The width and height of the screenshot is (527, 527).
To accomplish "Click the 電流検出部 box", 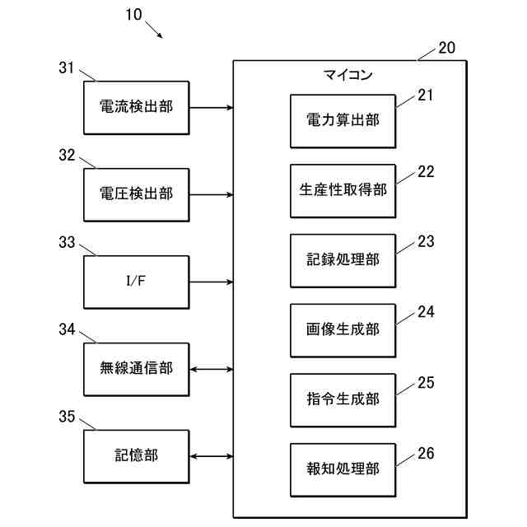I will pyautogui.click(x=136, y=107).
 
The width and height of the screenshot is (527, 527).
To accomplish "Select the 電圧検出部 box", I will pyautogui.click(x=136, y=194).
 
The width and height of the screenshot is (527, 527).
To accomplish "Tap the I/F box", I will pyautogui.click(x=136, y=282).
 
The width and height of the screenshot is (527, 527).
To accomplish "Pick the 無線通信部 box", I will pyautogui.click(x=136, y=369).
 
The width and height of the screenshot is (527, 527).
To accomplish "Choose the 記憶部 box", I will pyautogui.click(x=136, y=456).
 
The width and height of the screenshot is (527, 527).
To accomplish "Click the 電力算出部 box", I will pyautogui.click(x=342, y=120).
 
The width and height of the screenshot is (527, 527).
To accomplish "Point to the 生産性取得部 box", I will pyautogui.click(x=342, y=190).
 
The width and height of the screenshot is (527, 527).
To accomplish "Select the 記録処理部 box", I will pyautogui.click(x=342, y=260).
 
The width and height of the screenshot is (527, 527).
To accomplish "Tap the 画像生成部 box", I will pyautogui.click(x=342, y=329).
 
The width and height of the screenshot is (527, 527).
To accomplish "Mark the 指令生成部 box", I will pyautogui.click(x=342, y=399).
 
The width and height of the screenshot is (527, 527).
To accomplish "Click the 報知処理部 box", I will pyautogui.click(x=342, y=469).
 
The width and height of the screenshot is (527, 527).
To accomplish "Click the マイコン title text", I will pyautogui.click(x=347, y=76).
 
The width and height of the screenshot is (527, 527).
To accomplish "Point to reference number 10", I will pyautogui.click(x=133, y=14).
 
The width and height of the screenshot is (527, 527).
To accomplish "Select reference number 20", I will pyautogui.click(x=446, y=48).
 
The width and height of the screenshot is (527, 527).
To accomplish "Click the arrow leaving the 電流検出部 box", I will pyautogui.click(x=211, y=107).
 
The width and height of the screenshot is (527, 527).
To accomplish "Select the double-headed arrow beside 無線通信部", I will pyautogui.click(x=211, y=369).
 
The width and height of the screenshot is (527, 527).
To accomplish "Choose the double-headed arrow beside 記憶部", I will pyautogui.click(x=211, y=456).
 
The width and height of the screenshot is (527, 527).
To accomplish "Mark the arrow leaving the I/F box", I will pyautogui.click(x=211, y=282).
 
